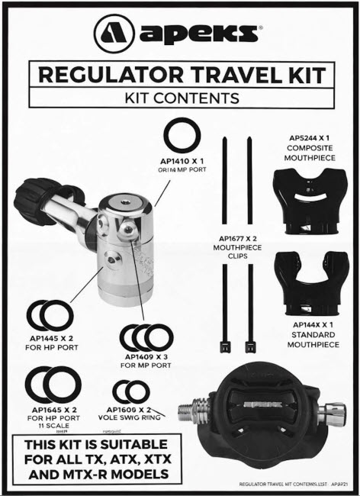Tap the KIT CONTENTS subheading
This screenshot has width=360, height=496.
click(x=181, y=98)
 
